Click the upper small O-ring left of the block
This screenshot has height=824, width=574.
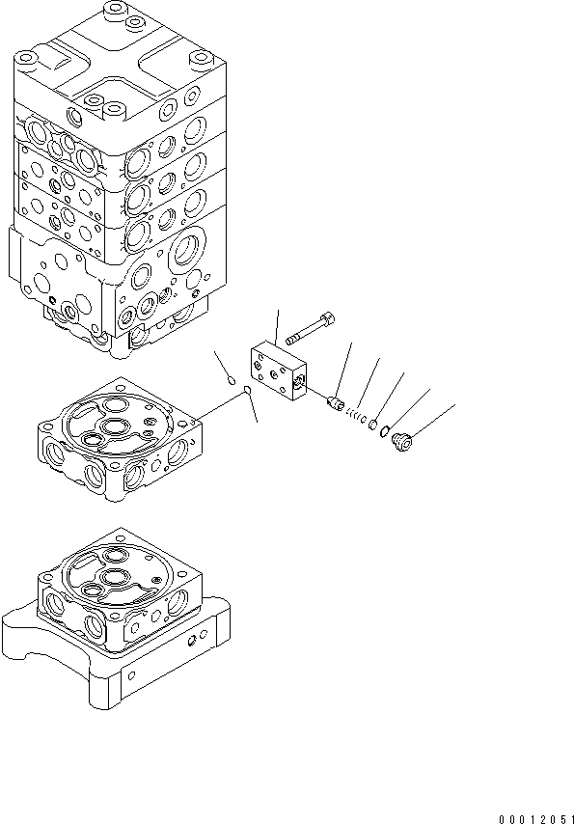click(231, 380)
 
